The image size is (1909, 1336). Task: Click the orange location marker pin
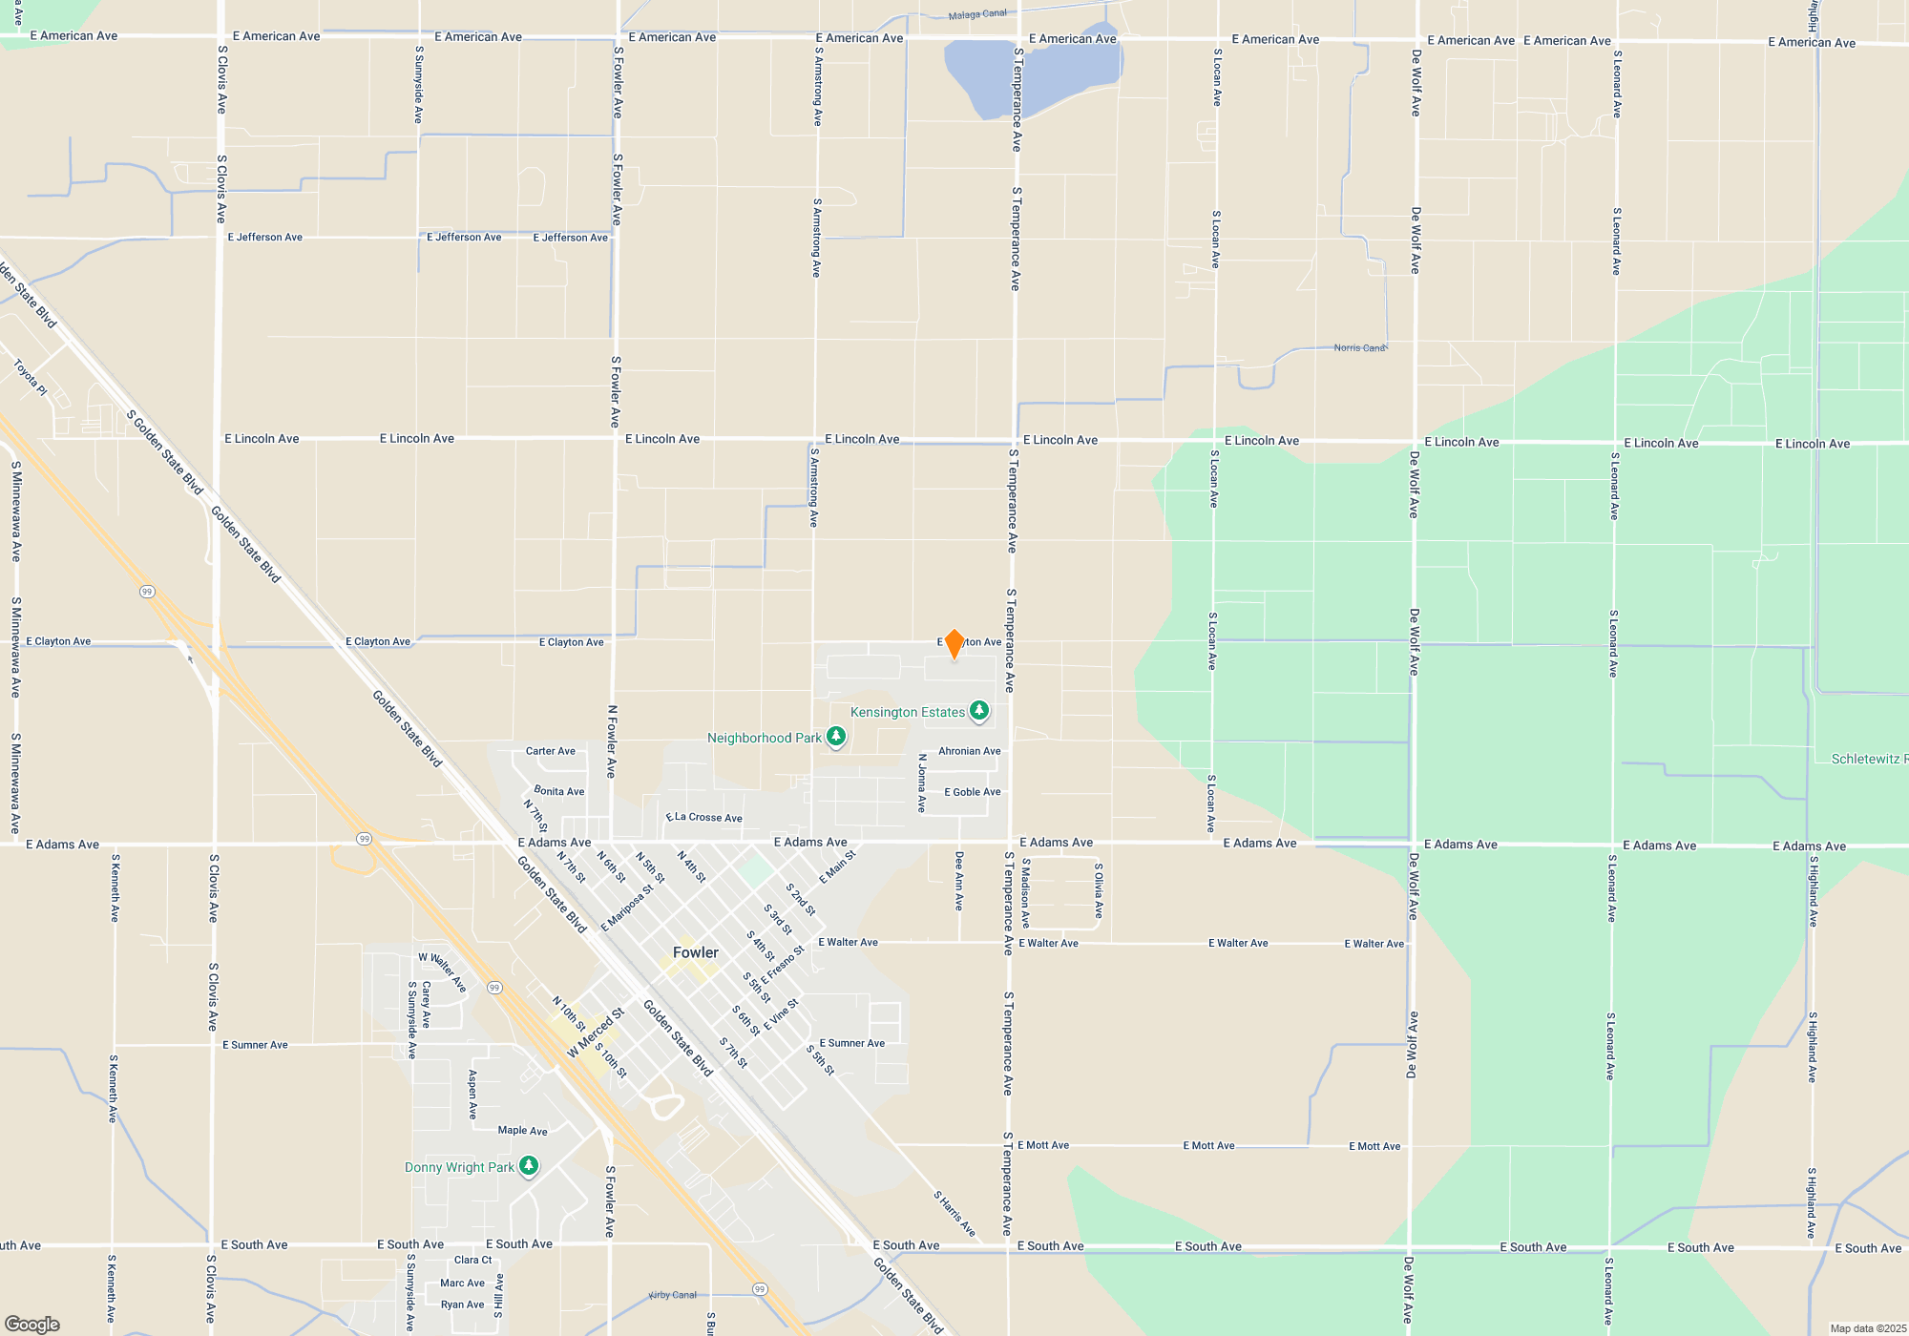[954, 643]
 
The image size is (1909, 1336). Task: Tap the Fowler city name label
[695, 952]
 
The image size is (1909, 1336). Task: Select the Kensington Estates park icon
[978, 711]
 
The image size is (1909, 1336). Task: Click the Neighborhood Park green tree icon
[836, 737]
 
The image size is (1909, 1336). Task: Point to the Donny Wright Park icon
[529, 1166]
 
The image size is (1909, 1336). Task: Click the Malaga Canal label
[977, 14]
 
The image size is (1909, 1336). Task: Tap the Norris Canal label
[1359, 348]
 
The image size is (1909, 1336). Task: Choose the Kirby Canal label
[673, 1295]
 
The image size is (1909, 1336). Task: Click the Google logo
[32, 1324]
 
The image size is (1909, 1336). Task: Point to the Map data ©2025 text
[1867, 1328]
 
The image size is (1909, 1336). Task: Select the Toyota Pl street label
[31, 377]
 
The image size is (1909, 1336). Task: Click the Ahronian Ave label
[969, 751]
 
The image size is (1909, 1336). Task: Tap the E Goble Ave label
[972, 792]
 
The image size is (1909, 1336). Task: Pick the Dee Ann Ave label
[959, 881]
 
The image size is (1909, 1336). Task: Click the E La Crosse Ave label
[704, 818]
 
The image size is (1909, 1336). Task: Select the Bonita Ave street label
[559, 791]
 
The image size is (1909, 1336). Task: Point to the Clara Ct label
[472, 1260]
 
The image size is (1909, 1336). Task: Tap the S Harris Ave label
[954, 1213]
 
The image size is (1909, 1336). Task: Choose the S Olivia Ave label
[1099, 890]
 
